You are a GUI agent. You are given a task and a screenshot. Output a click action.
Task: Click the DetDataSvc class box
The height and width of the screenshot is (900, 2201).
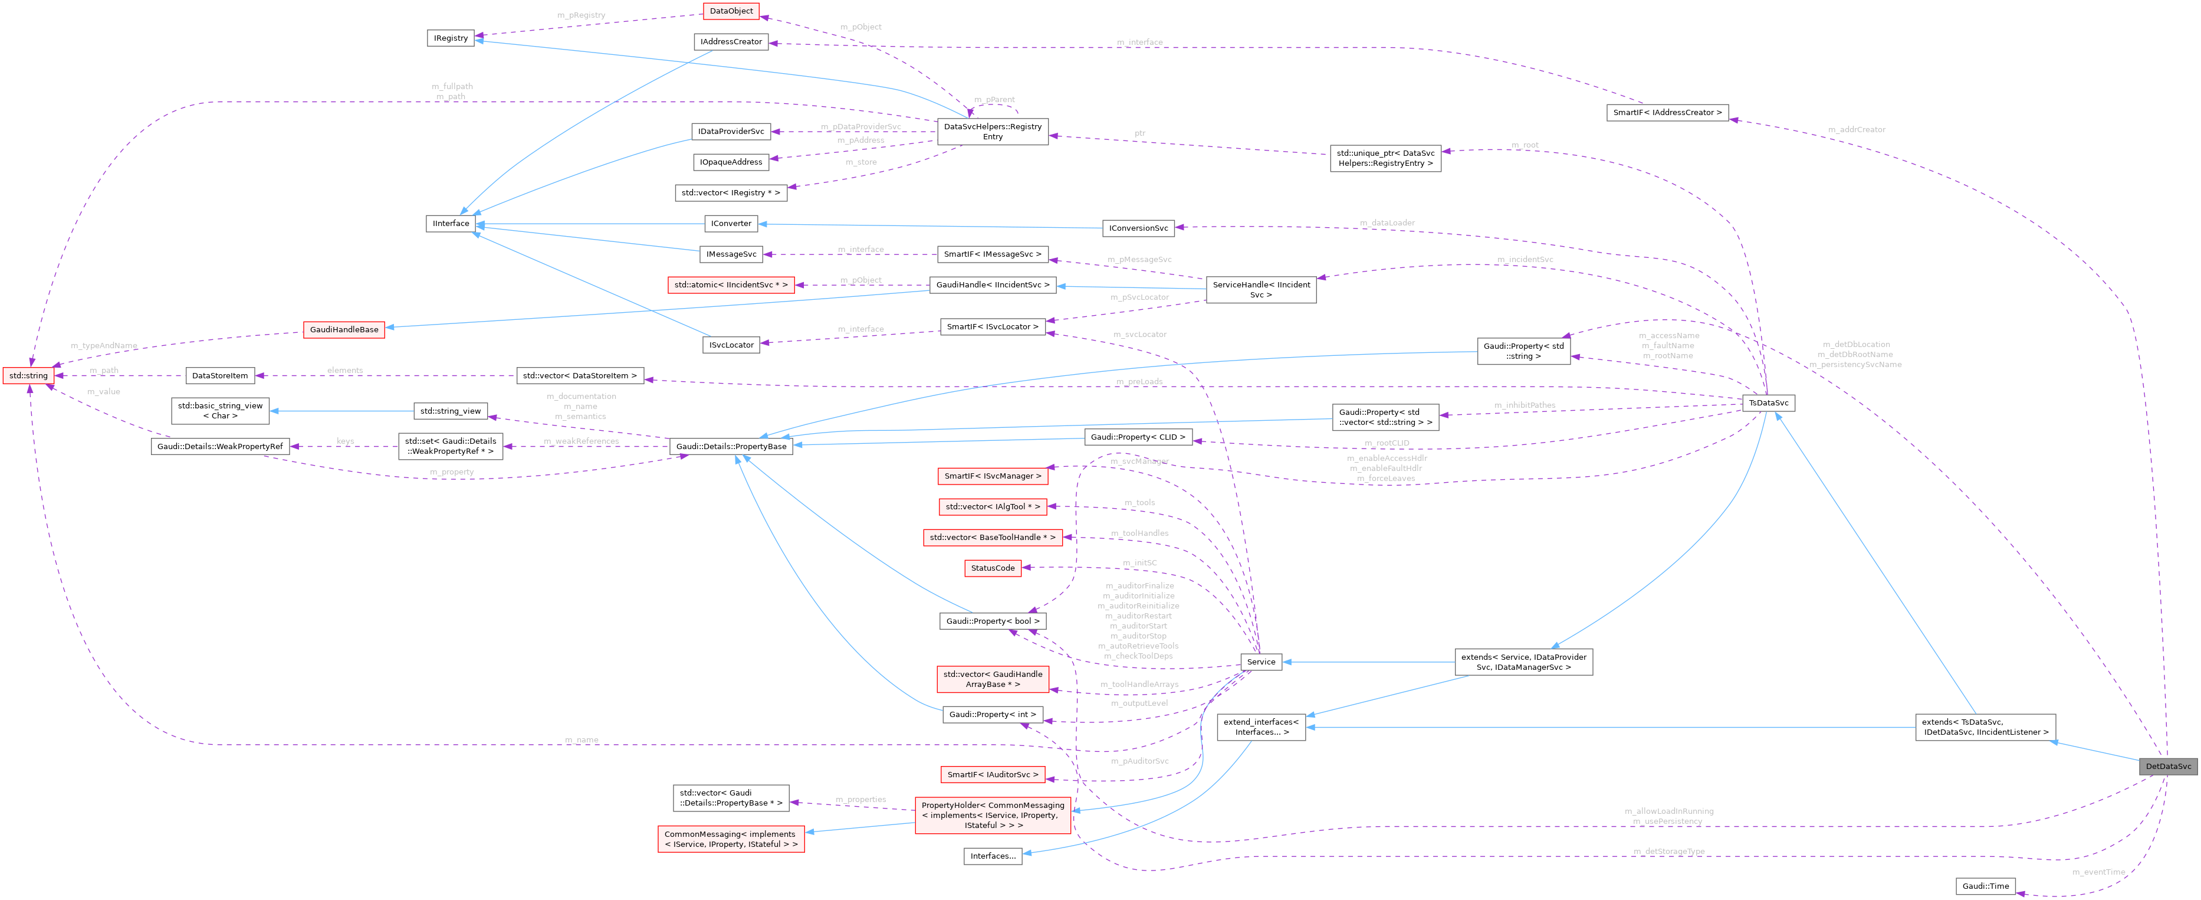click(x=2167, y=766)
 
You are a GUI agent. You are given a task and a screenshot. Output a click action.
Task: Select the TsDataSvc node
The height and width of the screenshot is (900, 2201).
click(x=1768, y=402)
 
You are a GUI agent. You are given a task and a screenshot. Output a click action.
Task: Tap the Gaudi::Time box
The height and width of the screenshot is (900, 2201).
click(x=1985, y=885)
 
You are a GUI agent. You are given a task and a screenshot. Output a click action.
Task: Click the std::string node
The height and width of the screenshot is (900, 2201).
click(x=28, y=375)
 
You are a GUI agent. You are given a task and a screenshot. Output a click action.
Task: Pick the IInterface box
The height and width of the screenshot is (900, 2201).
click(x=450, y=223)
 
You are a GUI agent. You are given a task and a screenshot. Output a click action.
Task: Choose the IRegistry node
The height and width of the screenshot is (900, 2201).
click(x=450, y=38)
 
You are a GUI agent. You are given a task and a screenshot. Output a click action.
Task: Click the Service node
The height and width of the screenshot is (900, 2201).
click(x=1260, y=662)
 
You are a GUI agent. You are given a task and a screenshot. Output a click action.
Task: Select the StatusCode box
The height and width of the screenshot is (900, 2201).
click(x=992, y=568)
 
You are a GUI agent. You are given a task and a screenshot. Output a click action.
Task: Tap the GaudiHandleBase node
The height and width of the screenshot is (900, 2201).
click(x=343, y=329)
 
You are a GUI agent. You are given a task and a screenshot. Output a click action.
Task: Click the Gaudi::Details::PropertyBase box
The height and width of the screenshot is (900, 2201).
click(x=731, y=446)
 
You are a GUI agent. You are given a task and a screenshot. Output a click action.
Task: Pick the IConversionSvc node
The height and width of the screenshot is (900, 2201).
click(x=1138, y=228)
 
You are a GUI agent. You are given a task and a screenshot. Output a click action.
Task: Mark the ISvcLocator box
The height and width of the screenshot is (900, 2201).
click(x=731, y=345)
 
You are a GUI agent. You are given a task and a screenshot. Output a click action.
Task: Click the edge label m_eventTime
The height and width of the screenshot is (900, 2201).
click(x=2098, y=872)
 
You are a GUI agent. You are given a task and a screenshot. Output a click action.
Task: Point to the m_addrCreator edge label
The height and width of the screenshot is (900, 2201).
click(x=1856, y=129)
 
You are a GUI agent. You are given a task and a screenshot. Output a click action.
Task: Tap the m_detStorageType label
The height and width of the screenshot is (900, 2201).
click(x=1668, y=851)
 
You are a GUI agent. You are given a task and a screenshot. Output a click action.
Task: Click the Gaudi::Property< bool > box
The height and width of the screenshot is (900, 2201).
click(x=992, y=620)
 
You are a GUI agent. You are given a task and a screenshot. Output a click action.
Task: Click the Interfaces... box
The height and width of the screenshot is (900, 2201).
click(x=992, y=856)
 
